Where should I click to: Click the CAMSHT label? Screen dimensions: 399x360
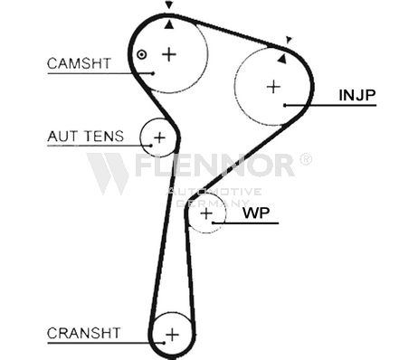pos(79,63)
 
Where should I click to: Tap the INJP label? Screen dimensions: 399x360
pos(357,95)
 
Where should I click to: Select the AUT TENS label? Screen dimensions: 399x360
pos(86,137)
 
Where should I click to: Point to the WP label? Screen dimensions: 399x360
pos(256,213)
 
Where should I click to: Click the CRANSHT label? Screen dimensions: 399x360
pos(83,333)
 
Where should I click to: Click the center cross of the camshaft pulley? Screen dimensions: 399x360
pos(169,54)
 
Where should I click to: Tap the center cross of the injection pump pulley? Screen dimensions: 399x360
pos(274,87)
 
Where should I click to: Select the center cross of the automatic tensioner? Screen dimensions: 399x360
pos(159,137)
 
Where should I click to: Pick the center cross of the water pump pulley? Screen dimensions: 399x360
pos(206,213)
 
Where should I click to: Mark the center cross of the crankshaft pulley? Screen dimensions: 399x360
pos(172,335)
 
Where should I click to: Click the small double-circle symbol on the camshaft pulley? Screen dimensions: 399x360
pos(141,54)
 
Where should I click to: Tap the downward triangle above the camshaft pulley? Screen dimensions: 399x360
pos(169,5)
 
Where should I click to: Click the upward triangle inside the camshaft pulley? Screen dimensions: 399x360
pos(169,25)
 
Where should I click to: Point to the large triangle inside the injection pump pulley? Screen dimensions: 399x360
pos(282,59)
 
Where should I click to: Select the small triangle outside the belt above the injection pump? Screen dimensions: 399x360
pos(289,40)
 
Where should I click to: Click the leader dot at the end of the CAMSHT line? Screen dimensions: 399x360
pos(153,73)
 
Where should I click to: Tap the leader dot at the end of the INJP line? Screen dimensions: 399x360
pos(285,105)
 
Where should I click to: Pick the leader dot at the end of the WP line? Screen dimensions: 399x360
pos(213,223)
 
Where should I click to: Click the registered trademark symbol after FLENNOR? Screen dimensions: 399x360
pos(306,158)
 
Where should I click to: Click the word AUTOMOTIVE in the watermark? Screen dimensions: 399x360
pos(214,192)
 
